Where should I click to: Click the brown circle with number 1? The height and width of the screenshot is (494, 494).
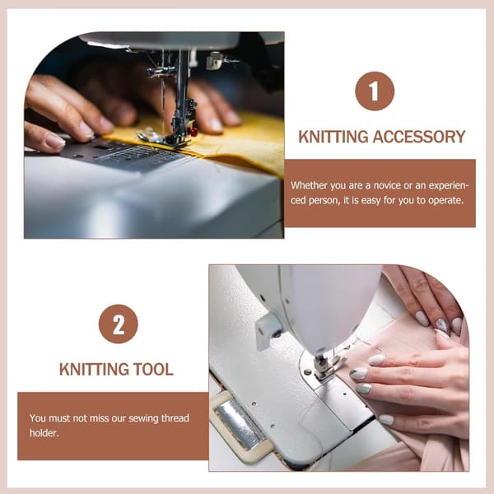[x=375, y=91]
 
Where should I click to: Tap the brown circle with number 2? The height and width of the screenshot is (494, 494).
[x=118, y=324]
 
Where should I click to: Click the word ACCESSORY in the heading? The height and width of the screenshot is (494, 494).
[x=419, y=137]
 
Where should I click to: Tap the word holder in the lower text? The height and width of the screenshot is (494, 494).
[x=44, y=433]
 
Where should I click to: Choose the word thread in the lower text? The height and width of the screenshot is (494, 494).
[x=175, y=418]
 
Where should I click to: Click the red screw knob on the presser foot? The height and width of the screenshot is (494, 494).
[x=193, y=131]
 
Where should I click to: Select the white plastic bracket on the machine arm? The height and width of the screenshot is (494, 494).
[x=268, y=330]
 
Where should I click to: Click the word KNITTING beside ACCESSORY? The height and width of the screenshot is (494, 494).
[x=333, y=137]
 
